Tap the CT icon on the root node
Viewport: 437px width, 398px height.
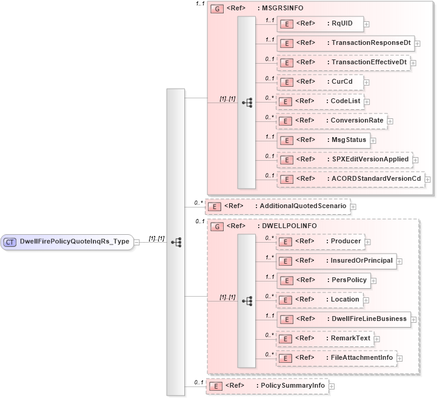coord(10,241)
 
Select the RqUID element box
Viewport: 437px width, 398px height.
coord(319,24)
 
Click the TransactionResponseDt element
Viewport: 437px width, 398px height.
coord(345,43)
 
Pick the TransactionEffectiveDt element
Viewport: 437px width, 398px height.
coord(343,62)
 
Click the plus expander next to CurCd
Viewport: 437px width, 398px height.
coord(367,82)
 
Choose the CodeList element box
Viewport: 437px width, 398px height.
coord(319,101)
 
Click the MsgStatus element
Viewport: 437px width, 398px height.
coord(327,140)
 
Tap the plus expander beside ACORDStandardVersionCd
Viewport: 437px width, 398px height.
coord(428,180)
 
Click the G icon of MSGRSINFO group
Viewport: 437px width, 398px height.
coord(215,8)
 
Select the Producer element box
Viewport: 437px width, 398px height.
coord(320,241)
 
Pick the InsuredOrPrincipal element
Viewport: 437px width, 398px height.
coord(336,261)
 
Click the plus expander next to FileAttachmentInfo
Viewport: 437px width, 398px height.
coord(400,359)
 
